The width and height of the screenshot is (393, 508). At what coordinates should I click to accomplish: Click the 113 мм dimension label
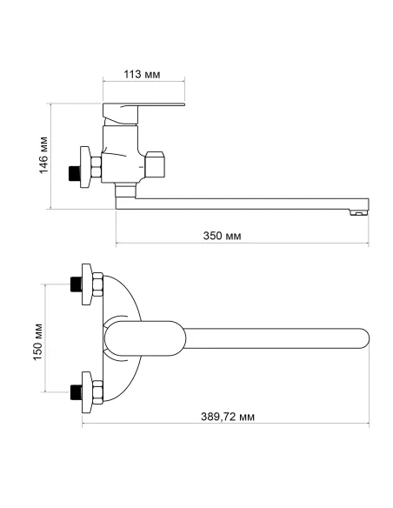coord(142,74)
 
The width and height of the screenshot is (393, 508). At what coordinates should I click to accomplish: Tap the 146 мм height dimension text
coord(43,155)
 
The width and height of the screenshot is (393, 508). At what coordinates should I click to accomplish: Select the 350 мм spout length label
coord(222,236)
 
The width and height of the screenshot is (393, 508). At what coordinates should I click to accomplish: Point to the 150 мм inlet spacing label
coord(37,342)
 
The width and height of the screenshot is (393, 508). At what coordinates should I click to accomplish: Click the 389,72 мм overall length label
coord(228,417)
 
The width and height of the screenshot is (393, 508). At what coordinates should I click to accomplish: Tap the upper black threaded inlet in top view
coord(76,284)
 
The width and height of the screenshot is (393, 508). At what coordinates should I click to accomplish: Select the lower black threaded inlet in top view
coord(76,392)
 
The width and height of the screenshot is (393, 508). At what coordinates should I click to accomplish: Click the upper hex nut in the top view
coord(97,284)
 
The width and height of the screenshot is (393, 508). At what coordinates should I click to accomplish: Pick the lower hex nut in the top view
coord(97,392)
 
